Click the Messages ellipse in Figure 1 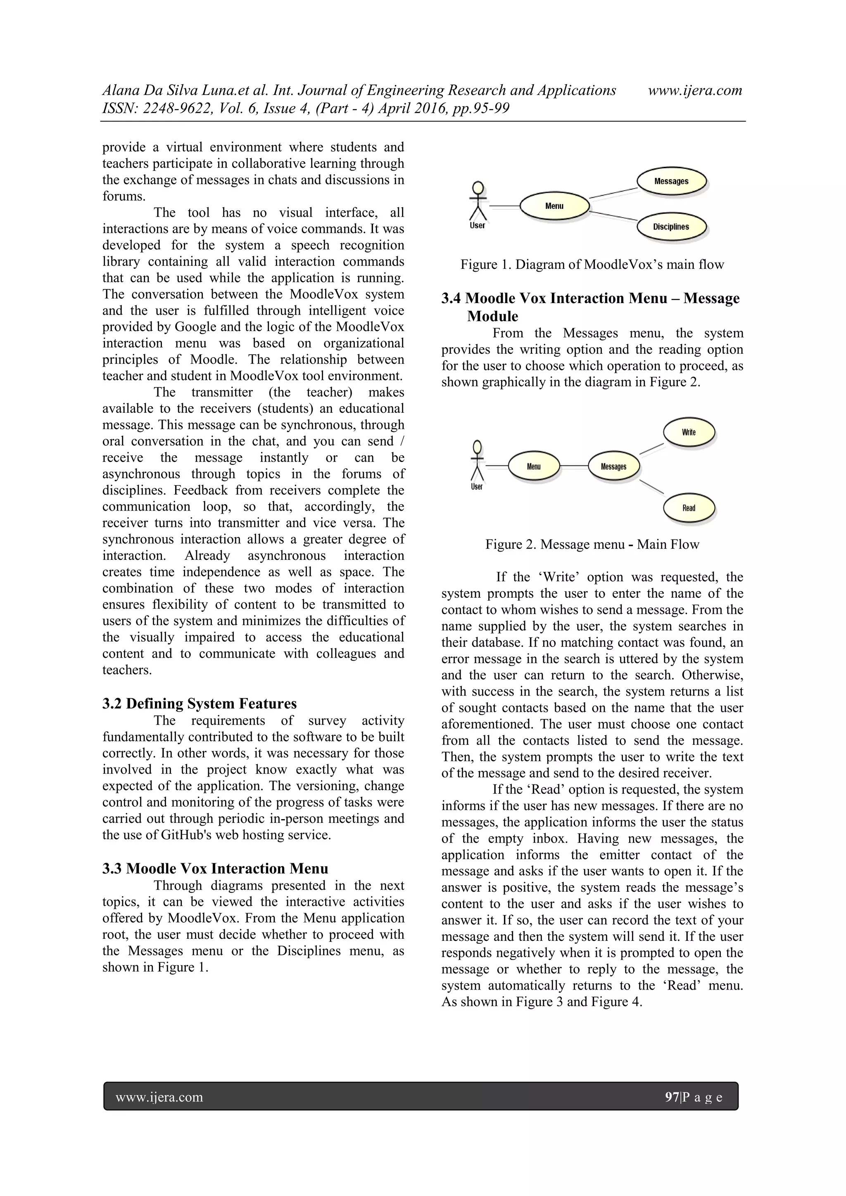coord(671,181)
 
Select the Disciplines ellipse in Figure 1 coord(671,227)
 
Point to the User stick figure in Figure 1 coord(478,202)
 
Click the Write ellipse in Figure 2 coord(689,432)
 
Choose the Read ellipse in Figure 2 coord(689,508)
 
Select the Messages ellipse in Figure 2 coord(613,466)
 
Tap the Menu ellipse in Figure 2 coord(534,466)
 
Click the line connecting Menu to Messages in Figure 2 coord(574,466)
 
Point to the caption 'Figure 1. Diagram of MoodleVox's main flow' coord(592,265)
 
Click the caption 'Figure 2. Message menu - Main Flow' coord(592,545)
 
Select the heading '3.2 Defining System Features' coord(200,704)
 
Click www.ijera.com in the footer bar coord(159,1098)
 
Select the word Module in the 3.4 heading coord(492,316)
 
